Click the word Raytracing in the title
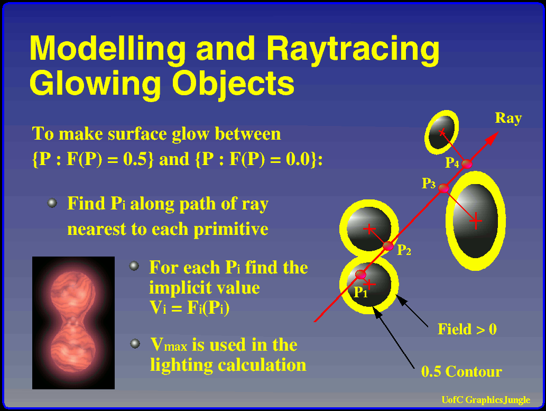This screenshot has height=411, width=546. [x=353, y=49]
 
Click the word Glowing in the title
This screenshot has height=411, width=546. [x=95, y=84]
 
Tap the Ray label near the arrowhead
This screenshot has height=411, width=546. [x=508, y=118]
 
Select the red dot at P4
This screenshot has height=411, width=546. [x=467, y=163]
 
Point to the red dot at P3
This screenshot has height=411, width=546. [x=443, y=188]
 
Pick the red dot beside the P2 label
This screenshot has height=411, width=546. [x=388, y=246]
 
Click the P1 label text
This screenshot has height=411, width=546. [x=360, y=292]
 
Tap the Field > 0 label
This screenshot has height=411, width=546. [x=467, y=329]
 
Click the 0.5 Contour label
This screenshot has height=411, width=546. [x=461, y=372]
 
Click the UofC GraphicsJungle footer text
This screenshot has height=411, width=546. [x=486, y=400]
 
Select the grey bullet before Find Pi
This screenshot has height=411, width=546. [x=52, y=203]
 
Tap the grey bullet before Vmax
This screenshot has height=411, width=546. [x=135, y=344]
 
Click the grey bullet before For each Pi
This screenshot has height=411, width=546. [x=134, y=266]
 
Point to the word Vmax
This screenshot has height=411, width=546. [x=169, y=345]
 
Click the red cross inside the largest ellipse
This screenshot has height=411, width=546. [x=476, y=221]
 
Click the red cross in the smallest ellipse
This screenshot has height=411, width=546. [x=442, y=132]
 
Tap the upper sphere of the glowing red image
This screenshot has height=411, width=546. [x=73, y=293]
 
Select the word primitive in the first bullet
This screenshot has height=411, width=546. [x=231, y=229]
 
